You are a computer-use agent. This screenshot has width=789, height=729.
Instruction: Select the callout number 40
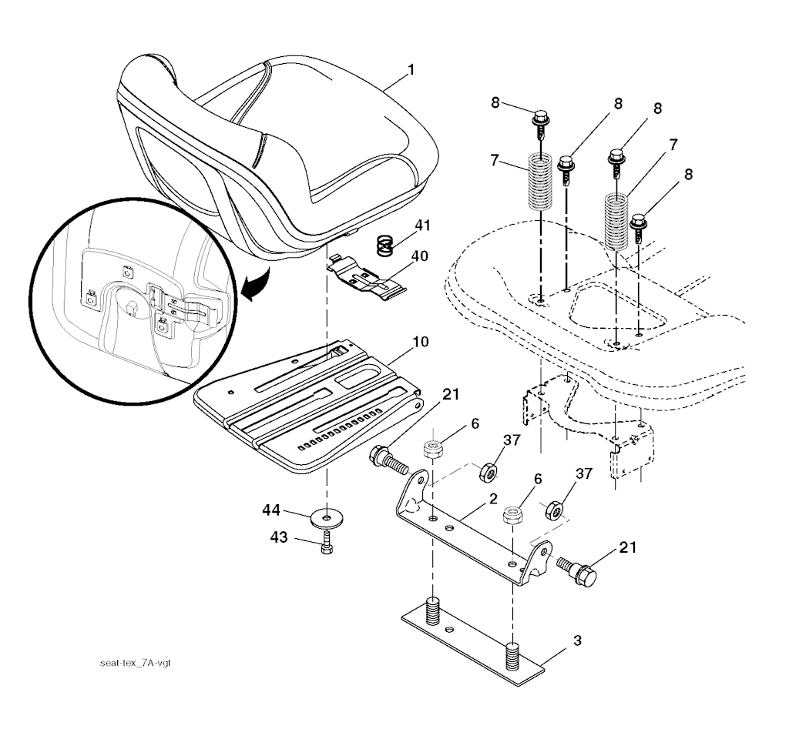[419, 255]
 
